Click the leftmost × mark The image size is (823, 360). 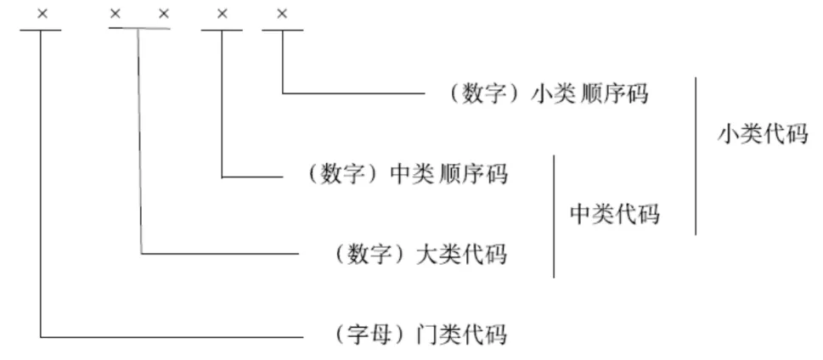pos(41,14)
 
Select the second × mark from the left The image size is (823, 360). pos(116,14)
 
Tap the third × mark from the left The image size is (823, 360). pos(164,14)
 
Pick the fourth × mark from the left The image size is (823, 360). pos(222,14)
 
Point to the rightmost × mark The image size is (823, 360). pos(282,14)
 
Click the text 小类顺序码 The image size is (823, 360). pos(589,93)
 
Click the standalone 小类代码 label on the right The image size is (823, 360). pos(761,135)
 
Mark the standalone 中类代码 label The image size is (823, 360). pos(613,214)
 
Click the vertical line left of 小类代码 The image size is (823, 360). pos(696,155)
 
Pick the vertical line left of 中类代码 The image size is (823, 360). pos(554,216)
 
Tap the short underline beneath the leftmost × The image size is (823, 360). pos(40,31)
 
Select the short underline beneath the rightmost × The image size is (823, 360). pos(282,31)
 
